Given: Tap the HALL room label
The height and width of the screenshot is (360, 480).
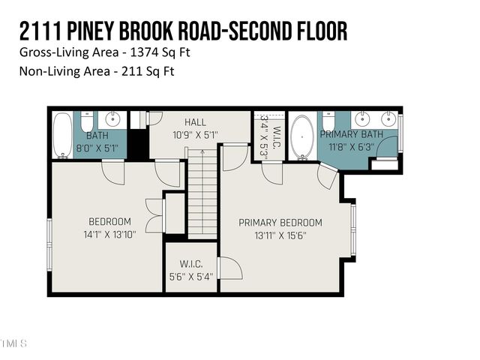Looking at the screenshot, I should point(195,122).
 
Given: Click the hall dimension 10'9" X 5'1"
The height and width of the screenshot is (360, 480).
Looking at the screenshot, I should point(195,136).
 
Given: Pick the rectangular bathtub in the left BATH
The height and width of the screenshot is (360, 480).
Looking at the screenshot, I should point(62,135).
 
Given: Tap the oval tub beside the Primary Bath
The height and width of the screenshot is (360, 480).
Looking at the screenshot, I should point(302,136).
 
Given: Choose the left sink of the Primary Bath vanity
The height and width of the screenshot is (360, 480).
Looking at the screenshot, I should point(362,118).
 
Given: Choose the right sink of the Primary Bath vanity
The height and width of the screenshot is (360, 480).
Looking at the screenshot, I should point(388,118).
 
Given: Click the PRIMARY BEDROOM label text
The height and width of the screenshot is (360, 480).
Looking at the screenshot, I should point(280,223).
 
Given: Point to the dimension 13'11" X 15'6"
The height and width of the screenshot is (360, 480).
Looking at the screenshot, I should point(280,235).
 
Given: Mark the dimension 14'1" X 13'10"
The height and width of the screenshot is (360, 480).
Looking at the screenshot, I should point(109,234).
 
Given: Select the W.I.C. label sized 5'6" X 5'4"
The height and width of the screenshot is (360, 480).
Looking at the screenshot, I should point(191,265).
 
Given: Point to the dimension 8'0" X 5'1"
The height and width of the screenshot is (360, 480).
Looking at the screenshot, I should point(97,148).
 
